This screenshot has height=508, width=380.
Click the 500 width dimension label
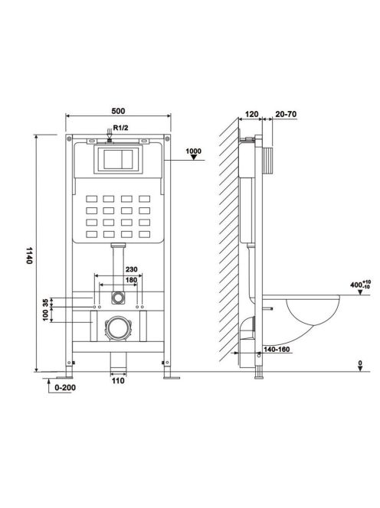click(118, 111)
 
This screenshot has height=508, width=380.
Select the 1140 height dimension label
click(30, 256)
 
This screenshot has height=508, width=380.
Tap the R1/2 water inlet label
click(121, 128)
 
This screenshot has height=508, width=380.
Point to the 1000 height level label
click(194, 151)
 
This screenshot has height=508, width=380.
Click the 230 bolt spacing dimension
click(132, 269)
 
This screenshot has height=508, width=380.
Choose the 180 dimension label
click(131, 280)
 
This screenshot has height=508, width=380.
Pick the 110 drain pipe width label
click(118, 381)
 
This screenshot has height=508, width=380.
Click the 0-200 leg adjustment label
click(65, 387)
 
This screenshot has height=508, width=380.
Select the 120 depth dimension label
click(251, 114)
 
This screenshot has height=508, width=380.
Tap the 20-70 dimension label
click(286, 114)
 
